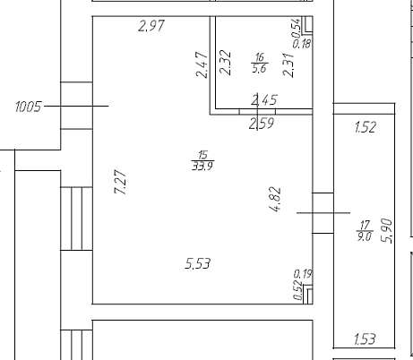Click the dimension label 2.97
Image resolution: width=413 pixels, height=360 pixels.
click(151, 26)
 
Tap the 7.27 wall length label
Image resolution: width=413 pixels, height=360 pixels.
click(120, 183)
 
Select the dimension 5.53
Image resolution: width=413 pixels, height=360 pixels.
click(198, 263)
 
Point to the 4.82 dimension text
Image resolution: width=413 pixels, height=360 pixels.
click(275, 199)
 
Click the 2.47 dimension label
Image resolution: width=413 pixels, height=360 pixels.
click(202, 64)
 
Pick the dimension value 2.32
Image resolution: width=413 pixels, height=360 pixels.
click(225, 63)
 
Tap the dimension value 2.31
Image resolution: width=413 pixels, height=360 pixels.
click(288, 65)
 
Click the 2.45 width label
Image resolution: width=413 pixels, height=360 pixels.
click(264, 99)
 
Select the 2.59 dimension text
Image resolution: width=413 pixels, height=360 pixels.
click(262, 124)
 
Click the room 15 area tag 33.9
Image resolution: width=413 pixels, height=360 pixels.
click(202, 166)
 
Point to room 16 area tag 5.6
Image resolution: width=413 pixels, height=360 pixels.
click(259, 68)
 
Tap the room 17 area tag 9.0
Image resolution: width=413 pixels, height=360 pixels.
click(364, 236)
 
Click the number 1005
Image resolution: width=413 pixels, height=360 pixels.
click(28, 107)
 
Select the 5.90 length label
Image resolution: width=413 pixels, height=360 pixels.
click(387, 231)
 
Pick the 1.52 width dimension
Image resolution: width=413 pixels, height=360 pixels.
click(366, 127)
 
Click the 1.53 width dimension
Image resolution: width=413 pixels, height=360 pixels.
click(365, 339)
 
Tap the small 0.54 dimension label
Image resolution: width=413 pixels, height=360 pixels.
click(296, 28)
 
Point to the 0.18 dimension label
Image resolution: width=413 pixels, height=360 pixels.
click(302, 44)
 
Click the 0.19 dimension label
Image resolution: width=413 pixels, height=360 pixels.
click(303, 274)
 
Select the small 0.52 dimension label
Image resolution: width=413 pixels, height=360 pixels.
click(297, 290)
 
